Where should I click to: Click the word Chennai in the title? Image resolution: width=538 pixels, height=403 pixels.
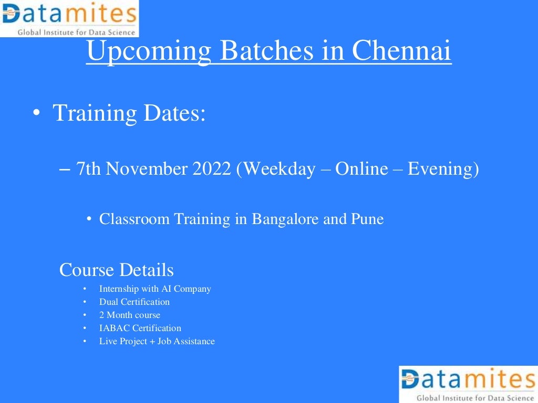click(401, 51)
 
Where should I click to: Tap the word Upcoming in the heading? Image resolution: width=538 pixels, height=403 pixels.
click(149, 52)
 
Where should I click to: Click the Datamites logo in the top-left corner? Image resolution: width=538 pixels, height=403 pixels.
click(69, 18)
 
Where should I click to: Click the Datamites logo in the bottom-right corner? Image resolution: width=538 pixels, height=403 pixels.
click(468, 384)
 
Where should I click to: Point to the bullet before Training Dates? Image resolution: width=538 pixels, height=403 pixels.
click(35, 114)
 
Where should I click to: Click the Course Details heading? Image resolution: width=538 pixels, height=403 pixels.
click(116, 270)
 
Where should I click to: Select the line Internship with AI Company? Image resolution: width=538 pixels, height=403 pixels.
click(155, 289)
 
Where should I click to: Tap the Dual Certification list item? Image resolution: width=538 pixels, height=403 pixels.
click(134, 302)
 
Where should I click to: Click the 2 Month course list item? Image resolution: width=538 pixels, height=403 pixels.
click(130, 315)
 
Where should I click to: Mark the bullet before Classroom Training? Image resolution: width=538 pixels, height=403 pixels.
click(90, 219)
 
